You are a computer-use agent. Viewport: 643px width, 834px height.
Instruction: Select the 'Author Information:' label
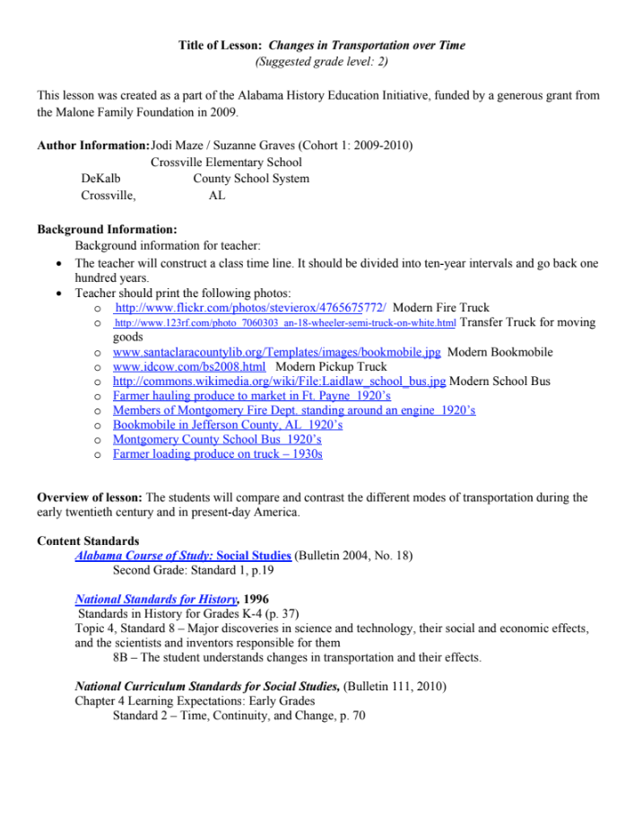coord(93,145)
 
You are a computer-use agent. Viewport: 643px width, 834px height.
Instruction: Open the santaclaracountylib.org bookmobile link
coord(276,352)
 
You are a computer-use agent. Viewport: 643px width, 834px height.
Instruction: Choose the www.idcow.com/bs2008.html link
coord(189,366)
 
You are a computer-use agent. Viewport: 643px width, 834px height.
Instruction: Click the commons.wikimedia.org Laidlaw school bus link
coord(279,381)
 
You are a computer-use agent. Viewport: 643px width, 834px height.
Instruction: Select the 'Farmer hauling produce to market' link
coord(251,395)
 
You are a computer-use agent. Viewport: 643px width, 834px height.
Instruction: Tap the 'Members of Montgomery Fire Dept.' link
coord(293,410)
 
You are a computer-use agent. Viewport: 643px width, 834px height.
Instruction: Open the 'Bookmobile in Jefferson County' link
coord(227,425)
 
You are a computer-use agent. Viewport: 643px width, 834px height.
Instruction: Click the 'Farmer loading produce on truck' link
coord(217,454)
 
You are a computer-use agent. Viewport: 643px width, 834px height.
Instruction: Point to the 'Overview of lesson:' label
coord(90,497)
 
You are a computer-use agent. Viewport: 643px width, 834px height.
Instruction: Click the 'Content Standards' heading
coord(88,541)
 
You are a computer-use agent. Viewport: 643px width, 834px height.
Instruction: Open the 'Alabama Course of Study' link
coord(183,556)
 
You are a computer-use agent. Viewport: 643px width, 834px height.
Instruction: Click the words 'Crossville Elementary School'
coord(226,162)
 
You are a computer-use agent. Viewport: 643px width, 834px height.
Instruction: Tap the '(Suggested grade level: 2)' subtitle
coord(321,62)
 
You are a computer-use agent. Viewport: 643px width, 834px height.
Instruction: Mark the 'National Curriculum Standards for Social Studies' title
coord(207,687)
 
